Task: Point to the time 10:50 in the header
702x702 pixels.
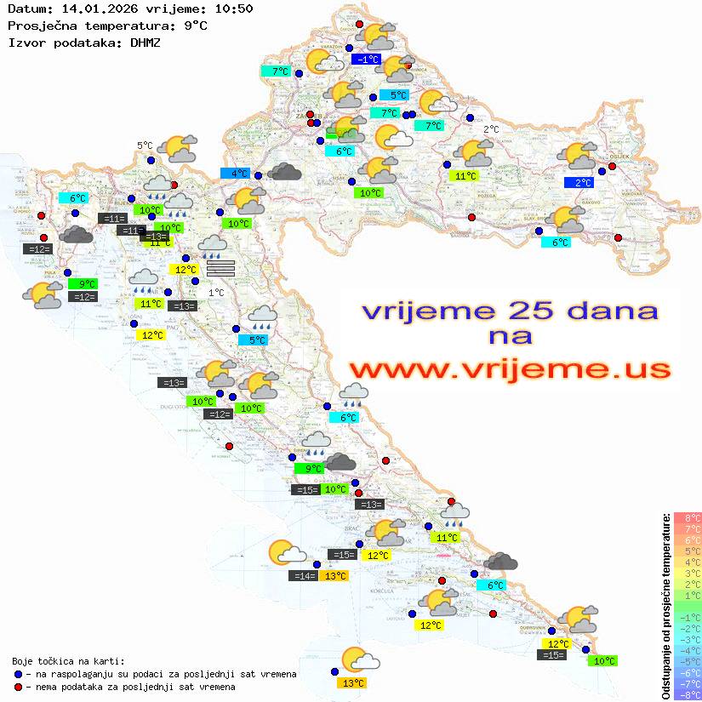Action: point(232,9)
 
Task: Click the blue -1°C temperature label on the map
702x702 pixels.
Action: point(367,60)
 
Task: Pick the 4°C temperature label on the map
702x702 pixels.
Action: point(236,173)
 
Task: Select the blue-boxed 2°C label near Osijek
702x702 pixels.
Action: point(582,182)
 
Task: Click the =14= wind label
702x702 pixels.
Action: point(303,576)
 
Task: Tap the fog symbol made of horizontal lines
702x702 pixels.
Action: point(220,269)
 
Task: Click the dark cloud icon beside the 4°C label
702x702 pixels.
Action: point(284,173)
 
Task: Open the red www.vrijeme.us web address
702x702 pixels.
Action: point(510,369)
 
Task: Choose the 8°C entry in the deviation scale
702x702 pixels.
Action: point(688,517)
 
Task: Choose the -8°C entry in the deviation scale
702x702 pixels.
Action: point(687,695)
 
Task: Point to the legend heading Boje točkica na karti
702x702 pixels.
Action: point(68,661)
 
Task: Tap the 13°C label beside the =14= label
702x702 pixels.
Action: point(335,576)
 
